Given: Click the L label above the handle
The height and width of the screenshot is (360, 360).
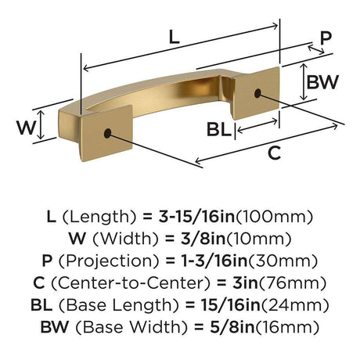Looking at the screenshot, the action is (x=175, y=37).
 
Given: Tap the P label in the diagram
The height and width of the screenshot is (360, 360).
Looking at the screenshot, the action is (x=326, y=38).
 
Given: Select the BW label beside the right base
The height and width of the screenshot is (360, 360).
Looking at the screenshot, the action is (x=322, y=82).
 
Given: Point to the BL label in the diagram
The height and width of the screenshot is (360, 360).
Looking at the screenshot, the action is (x=219, y=129).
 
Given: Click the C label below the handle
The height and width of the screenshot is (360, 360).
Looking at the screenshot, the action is (x=274, y=153).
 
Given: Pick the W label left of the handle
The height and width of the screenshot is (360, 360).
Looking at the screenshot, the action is (x=26, y=128).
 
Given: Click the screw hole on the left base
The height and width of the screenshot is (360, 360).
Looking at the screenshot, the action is (x=107, y=133).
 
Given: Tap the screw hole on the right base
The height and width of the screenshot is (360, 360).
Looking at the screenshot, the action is (x=257, y=93).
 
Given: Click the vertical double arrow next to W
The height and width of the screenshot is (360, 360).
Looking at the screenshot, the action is (x=40, y=124).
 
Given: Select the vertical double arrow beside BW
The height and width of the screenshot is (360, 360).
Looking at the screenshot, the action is (x=303, y=82).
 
